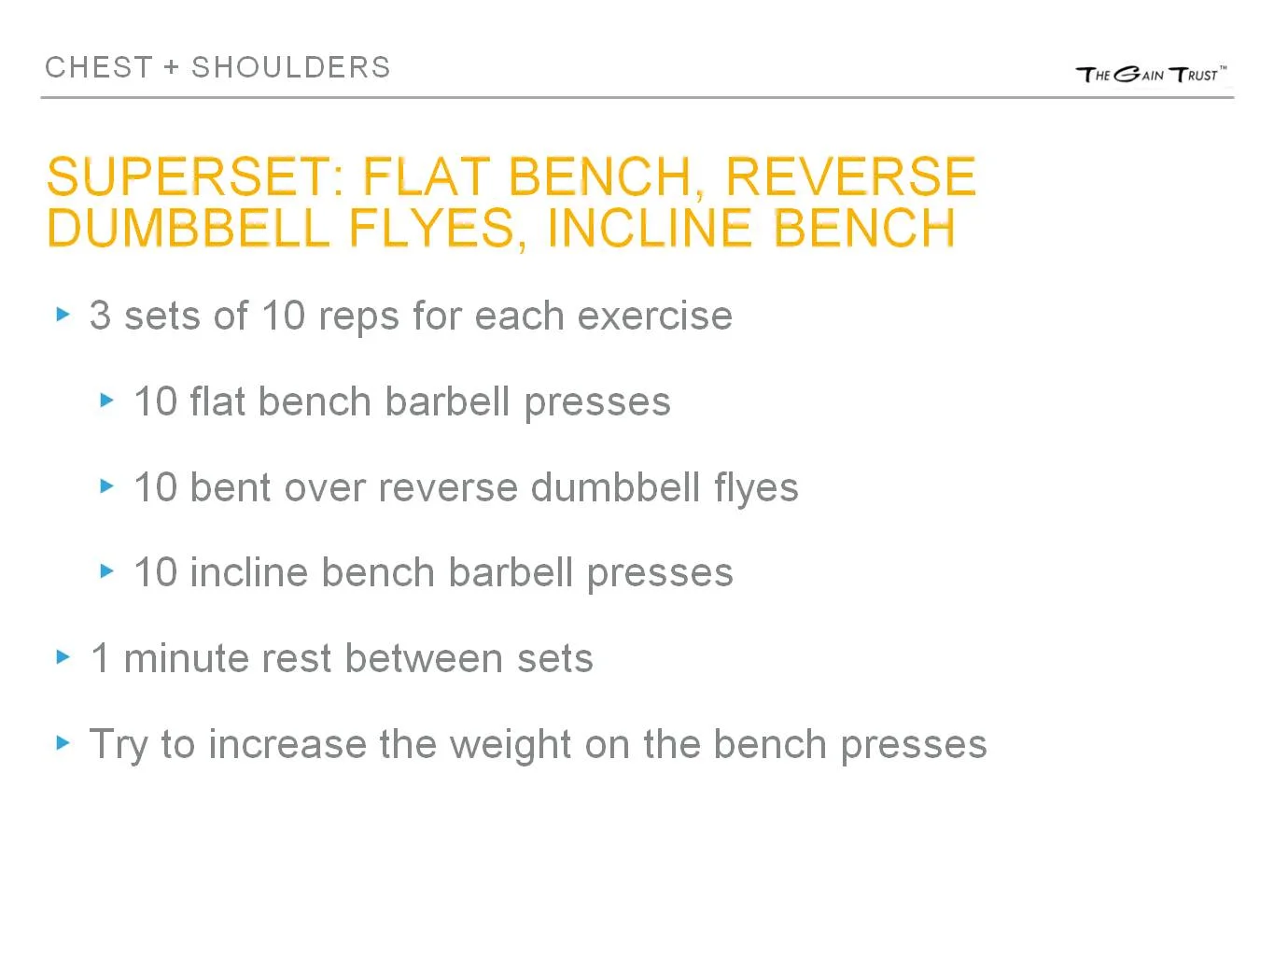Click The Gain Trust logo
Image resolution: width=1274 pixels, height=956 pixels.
(x=1151, y=74)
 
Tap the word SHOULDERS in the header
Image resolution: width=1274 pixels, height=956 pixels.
(x=291, y=67)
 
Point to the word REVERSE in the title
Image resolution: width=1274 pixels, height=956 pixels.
(x=850, y=176)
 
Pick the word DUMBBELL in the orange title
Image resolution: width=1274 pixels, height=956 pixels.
(x=188, y=228)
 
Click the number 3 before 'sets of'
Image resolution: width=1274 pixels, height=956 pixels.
(x=100, y=316)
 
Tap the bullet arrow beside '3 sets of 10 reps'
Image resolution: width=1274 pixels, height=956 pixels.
(x=63, y=315)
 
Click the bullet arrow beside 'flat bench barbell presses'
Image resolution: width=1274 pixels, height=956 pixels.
(x=107, y=401)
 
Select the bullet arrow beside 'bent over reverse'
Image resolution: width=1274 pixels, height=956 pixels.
(x=107, y=486)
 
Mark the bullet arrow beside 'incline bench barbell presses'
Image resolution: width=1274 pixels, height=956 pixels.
(x=107, y=571)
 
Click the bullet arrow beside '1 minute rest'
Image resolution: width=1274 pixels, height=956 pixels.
(x=63, y=657)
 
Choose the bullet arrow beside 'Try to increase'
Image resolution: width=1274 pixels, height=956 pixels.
(x=63, y=743)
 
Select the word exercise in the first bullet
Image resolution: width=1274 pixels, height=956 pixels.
(x=654, y=316)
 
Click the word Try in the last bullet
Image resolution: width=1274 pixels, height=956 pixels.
(x=119, y=745)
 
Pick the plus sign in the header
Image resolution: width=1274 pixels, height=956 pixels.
(x=171, y=67)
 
